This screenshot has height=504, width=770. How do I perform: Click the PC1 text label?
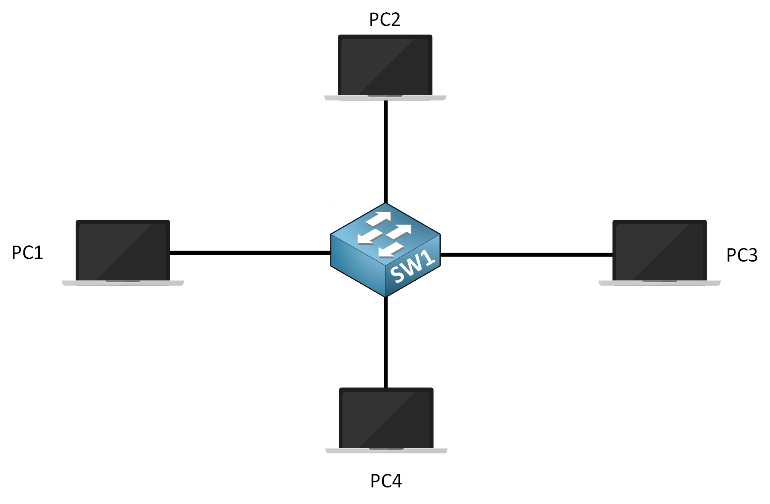[x=27, y=253]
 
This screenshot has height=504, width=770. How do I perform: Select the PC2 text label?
[x=385, y=20]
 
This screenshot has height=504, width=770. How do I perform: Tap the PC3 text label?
[x=741, y=255]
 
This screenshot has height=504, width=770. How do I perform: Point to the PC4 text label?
[x=386, y=481]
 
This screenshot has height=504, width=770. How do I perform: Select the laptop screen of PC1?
[x=123, y=251]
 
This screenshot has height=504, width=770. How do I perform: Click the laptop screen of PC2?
[x=385, y=65]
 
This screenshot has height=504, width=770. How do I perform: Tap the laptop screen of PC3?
[x=659, y=251]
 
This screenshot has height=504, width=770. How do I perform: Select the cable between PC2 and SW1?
[x=385, y=151]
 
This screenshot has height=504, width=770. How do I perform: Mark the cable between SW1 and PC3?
[x=526, y=255]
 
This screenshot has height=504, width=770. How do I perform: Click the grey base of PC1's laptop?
[x=123, y=283]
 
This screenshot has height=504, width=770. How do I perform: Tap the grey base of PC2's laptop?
[x=385, y=98]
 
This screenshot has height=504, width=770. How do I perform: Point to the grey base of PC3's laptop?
[x=659, y=283]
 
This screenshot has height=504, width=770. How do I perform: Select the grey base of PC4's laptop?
[x=386, y=451]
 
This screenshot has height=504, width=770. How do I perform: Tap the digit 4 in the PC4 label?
[x=396, y=481]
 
